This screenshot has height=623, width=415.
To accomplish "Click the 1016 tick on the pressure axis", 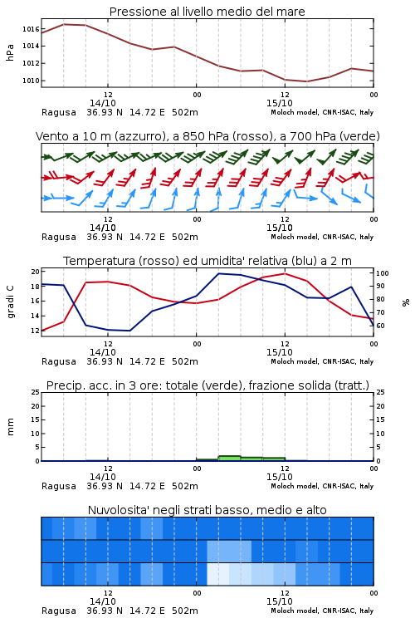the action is [x=30, y=29].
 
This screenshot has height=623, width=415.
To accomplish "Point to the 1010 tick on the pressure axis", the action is [x=30, y=81].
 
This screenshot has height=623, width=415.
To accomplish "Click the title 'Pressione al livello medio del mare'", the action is [x=207, y=12].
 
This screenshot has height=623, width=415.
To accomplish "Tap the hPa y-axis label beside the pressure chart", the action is [x=10, y=52].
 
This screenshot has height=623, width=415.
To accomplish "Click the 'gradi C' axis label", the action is [x=10, y=302].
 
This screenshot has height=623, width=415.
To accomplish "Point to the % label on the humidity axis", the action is [x=406, y=302].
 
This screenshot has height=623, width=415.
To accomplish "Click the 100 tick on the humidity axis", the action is [x=383, y=273].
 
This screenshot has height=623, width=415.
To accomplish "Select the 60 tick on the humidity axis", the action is [x=380, y=326].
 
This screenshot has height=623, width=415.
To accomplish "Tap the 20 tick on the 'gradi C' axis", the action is [x=36, y=272].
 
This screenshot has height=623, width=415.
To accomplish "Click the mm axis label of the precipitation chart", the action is [x=10, y=427].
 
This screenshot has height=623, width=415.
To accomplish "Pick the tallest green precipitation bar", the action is [x=230, y=458].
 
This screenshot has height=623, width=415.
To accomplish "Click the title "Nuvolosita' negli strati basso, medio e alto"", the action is [x=207, y=510].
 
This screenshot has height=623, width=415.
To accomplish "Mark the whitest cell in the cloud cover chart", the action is [x=218, y=574].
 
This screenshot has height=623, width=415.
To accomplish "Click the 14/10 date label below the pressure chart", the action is [x=102, y=103].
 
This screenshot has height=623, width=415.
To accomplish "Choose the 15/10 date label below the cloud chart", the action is [x=279, y=601].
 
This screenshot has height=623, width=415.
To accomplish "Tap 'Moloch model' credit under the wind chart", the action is [x=295, y=237].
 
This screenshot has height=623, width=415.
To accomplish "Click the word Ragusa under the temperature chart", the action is [x=59, y=361].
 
